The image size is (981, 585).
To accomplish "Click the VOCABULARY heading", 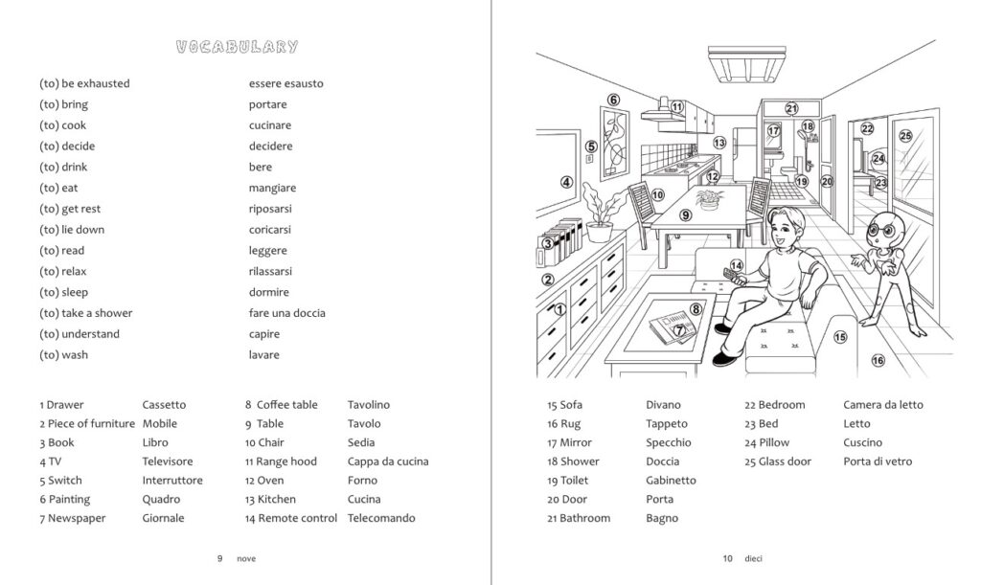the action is (x=237, y=47).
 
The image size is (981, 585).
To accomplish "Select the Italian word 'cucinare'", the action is (x=269, y=125).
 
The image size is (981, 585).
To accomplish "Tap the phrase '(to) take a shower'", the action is (x=85, y=313).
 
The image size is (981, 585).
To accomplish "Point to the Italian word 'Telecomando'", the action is (x=381, y=518).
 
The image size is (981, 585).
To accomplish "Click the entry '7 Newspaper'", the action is (x=73, y=518).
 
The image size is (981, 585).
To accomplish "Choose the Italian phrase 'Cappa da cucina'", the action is (x=388, y=461).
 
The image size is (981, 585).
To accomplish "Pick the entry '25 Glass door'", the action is (x=778, y=461).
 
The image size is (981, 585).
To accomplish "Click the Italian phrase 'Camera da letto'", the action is (x=882, y=405).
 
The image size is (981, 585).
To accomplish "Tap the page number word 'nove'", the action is (x=246, y=559).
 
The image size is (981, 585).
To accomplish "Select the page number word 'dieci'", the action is (x=753, y=559).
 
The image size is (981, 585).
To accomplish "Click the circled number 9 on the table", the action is (x=686, y=215).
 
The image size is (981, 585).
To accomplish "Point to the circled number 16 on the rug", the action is (x=878, y=361).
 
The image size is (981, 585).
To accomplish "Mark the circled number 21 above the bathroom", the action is (x=791, y=109).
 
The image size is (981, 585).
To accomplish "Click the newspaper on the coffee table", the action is (x=673, y=326).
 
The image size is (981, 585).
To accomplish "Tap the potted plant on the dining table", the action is (x=709, y=199).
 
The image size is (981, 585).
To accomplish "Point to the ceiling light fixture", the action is (x=746, y=63).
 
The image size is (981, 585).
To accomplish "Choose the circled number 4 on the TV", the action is (x=566, y=183).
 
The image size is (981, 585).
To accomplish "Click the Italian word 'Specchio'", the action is (x=668, y=443).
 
